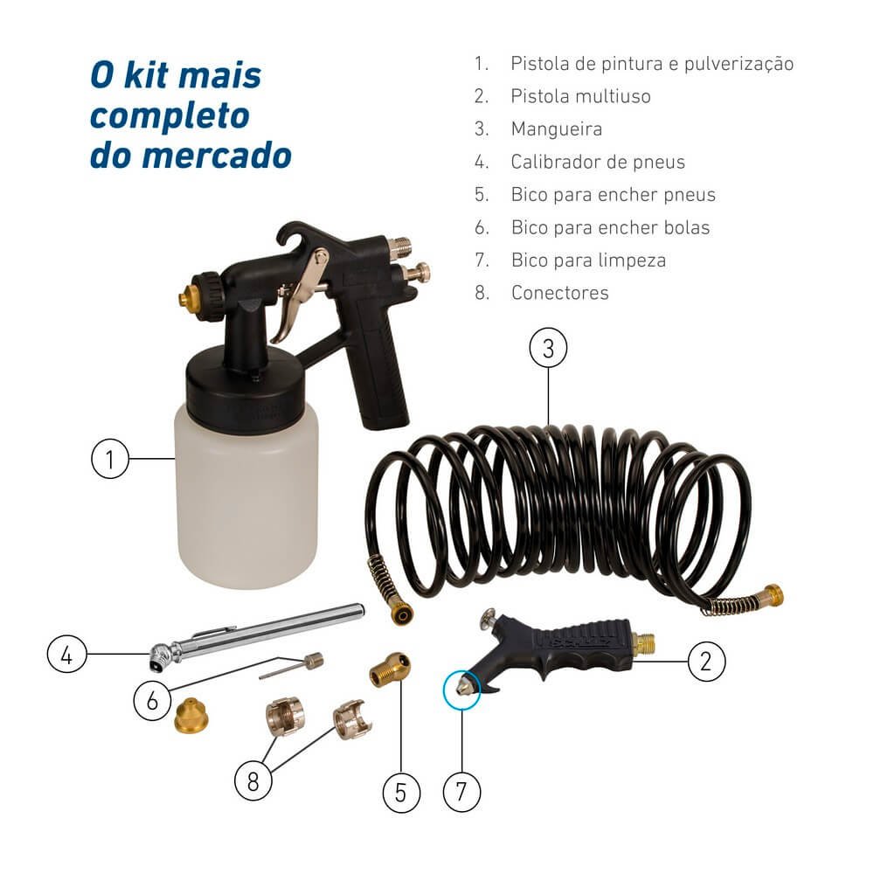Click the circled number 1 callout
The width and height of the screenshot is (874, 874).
pyautogui.click(x=110, y=459)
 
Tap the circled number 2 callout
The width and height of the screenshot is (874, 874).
pyautogui.click(x=706, y=662)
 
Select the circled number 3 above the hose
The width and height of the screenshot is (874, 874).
pyautogui.click(x=549, y=347)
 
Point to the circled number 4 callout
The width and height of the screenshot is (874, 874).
pyautogui.click(x=67, y=654)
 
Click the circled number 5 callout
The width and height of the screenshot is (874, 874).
pyautogui.click(x=401, y=792)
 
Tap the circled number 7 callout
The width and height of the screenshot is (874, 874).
pyautogui.click(x=461, y=792)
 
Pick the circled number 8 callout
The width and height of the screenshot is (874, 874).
pyautogui.click(x=253, y=781)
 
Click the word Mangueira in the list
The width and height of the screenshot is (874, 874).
pyautogui.click(x=556, y=129)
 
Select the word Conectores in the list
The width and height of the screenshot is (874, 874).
pyautogui.click(x=559, y=293)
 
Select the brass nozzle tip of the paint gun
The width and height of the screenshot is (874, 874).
pyautogui.click(x=185, y=296)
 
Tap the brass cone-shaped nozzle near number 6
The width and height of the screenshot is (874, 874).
pyautogui.click(x=191, y=716)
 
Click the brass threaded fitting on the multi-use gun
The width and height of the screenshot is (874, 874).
pyautogui.click(x=643, y=644)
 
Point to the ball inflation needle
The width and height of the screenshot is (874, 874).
pyautogui.click(x=292, y=666)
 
